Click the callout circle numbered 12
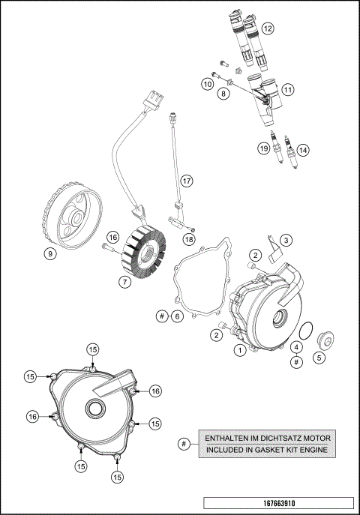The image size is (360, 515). click(267, 28)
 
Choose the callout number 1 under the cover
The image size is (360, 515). click(239, 349)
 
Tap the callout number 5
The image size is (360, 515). click(319, 358)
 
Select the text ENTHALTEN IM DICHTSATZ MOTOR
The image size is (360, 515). click(268, 438)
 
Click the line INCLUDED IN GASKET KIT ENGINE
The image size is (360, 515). click(268, 450)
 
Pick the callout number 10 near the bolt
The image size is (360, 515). click(206, 85)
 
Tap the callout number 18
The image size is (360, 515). click(189, 238)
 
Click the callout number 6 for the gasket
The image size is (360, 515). click(177, 316)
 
